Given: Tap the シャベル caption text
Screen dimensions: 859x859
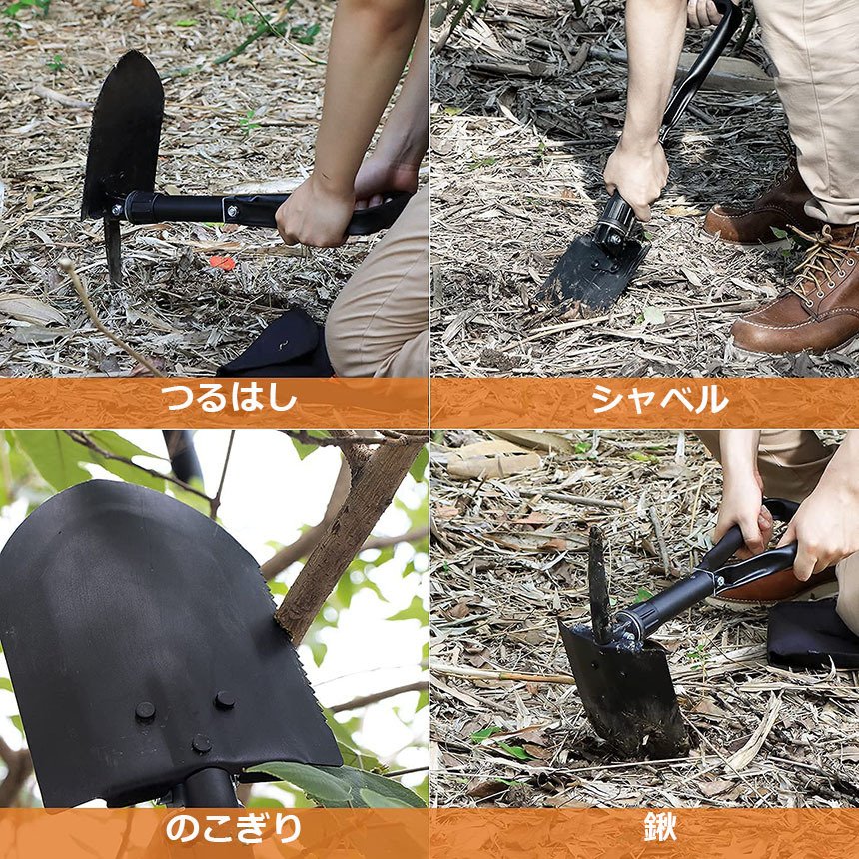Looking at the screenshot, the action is click(x=660, y=399).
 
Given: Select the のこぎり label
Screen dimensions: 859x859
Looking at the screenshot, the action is click(x=234, y=828).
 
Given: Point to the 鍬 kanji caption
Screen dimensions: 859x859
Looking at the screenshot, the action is click(x=660, y=827).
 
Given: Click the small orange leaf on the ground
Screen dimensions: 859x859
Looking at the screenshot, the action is click(x=223, y=263).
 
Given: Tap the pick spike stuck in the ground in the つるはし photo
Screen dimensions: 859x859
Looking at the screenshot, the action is click(x=113, y=250).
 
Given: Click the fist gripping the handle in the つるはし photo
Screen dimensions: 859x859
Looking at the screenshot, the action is click(x=314, y=215).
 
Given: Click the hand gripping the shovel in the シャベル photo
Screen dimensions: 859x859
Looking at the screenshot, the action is click(x=635, y=177).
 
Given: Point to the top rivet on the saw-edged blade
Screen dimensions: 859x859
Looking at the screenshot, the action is click(x=224, y=699).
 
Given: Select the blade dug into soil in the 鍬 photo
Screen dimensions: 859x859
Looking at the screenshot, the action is click(x=624, y=690).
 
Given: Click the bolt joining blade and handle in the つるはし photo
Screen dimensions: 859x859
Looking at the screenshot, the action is click(x=116, y=210).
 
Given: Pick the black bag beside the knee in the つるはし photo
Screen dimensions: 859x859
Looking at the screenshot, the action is click(x=277, y=347).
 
